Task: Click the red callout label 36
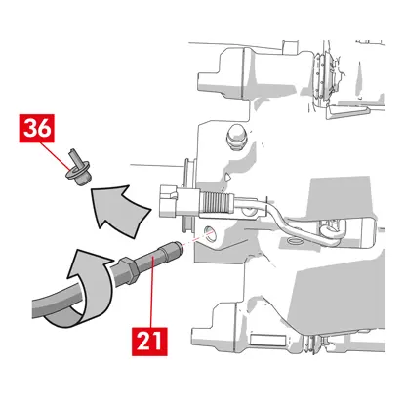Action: click(x=37, y=128)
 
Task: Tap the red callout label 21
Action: click(x=149, y=342)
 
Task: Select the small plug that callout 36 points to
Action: click(x=78, y=168)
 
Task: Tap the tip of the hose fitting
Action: click(x=179, y=248)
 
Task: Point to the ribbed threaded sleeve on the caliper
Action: click(x=216, y=202)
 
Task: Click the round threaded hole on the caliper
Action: click(x=209, y=233)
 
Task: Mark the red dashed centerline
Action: click(x=198, y=238)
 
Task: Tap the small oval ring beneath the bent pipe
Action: click(x=296, y=241)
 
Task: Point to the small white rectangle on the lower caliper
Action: click(x=267, y=340)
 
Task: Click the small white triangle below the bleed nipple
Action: click(x=229, y=176)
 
